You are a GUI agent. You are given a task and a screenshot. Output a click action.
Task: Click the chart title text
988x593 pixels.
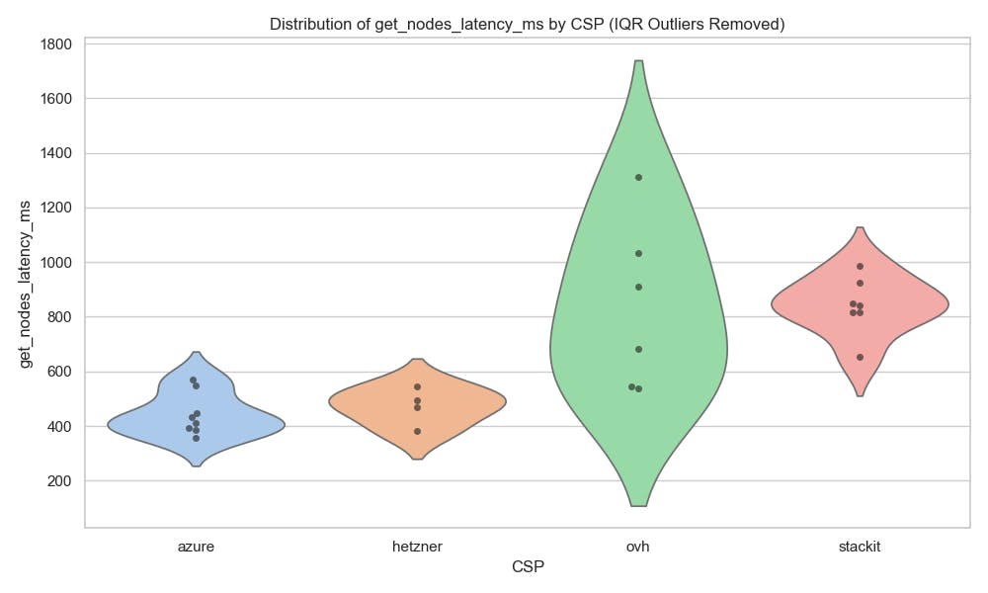(x=528, y=25)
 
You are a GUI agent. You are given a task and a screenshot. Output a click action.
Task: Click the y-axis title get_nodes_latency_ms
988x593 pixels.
(x=28, y=283)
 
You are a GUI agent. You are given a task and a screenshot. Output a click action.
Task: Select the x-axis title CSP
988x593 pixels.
(x=528, y=566)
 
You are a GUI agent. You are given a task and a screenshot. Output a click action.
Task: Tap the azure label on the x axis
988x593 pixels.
(x=196, y=545)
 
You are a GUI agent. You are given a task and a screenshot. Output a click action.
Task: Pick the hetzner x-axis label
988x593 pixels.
(x=417, y=545)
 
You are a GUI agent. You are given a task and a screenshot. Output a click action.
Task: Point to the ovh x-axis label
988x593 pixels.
(x=638, y=545)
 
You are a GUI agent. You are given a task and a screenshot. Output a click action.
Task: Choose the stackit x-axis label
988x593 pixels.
(x=860, y=545)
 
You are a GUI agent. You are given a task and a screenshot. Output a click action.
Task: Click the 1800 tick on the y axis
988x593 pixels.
(x=57, y=44)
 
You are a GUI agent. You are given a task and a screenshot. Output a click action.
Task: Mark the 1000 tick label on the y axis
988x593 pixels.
(x=57, y=263)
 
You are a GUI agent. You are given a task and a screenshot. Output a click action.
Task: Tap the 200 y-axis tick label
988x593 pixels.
(x=61, y=481)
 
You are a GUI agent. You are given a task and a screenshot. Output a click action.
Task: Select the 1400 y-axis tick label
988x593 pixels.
(x=57, y=153)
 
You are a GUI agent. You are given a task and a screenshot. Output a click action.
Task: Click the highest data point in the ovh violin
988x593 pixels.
(x=638, y=177)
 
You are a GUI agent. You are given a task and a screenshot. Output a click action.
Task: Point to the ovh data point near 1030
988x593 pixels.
(x=638, y=253)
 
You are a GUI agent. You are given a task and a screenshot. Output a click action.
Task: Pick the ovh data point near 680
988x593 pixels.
(x=638, y=349)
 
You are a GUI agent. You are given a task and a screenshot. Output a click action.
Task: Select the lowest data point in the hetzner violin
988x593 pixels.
(x=417, y=431)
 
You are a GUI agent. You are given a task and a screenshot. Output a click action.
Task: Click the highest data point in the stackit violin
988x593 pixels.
(x=860, y=266)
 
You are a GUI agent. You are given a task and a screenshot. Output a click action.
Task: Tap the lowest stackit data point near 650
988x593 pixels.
(x=860, y=357)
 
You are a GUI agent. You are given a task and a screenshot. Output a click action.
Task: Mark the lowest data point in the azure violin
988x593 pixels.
(x=196, y=438)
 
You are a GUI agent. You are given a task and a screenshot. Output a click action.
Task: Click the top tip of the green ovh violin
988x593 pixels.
(x=638, y=62)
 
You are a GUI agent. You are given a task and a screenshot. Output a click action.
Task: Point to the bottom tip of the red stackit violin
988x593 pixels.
(x=860, y=394)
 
